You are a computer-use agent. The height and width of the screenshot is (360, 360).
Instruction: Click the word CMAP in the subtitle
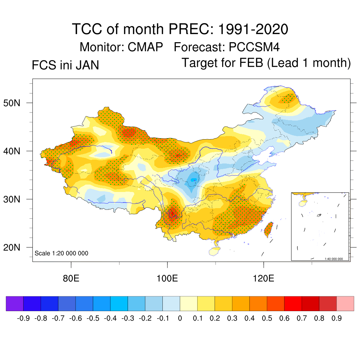click(145, 47)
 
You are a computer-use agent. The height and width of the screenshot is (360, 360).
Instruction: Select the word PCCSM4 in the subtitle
click(254, 47)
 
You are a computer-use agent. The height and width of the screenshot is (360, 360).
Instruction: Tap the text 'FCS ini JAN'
click(65, 65)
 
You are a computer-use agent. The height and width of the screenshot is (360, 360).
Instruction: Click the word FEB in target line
click(251, 63)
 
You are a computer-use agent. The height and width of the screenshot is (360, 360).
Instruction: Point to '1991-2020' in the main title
click(253, 29)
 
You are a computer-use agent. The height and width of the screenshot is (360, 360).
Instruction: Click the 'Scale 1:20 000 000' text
click(62, 253)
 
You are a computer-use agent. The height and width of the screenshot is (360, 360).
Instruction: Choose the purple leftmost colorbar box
click(14, 303)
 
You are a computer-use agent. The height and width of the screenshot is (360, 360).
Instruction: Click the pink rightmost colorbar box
click(345, 303)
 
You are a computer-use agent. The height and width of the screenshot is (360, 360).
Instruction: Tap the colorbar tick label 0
click(180, 319)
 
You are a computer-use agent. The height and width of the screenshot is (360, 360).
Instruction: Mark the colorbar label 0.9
click(337, 319)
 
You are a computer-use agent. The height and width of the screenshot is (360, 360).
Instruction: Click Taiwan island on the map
click(268, 229)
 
